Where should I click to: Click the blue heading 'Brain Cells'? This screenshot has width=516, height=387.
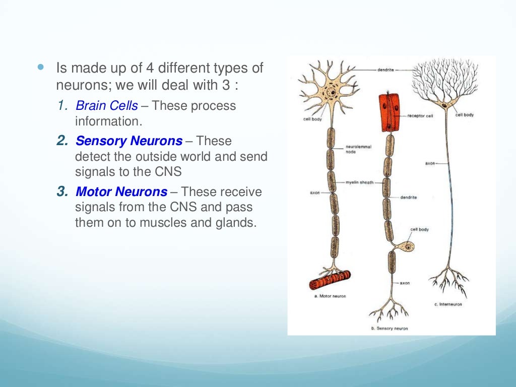pyautogui.click(x=106, y=106)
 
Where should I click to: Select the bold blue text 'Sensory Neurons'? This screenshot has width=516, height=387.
pyautogui.click(x=129, y=141)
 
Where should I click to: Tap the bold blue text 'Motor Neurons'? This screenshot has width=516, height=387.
pyautogui.click(x=121, y=191)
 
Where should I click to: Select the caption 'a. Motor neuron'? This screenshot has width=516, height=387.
pyautogui.click(x=330, y=296)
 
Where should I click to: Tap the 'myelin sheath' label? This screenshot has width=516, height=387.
pyautogui.click(x=360, y=182)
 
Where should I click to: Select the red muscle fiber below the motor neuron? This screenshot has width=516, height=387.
pyautogui.click(x=330, y=280)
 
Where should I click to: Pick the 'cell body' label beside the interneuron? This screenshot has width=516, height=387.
pyautogui.click(x=464, y=115)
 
